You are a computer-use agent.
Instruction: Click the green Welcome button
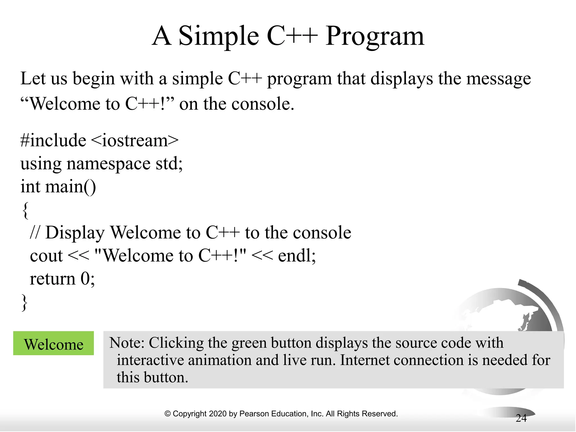coord(53,344)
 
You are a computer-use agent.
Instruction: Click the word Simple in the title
coord(219,37)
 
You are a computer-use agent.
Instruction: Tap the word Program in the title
coord(375,37)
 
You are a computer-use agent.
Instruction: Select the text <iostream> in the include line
coord(135,140)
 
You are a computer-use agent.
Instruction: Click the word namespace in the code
coord(108,164)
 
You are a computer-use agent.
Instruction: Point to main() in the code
coord(71,187)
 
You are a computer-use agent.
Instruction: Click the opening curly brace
coord(25,210)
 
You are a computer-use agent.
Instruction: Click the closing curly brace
coord(25,302)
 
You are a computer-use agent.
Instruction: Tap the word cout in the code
coord(46,256)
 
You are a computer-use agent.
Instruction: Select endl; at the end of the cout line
coord(297,256)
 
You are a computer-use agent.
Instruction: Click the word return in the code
coord(53,279)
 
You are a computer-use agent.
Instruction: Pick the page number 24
coord(521,418)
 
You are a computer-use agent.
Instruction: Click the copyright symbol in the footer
coord(167,414)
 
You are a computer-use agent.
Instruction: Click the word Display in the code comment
coord(75,233)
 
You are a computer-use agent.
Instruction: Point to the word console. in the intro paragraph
coord(263,104)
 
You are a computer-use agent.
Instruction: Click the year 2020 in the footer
coord(218,414)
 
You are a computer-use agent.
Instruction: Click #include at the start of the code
coord(53,140)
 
